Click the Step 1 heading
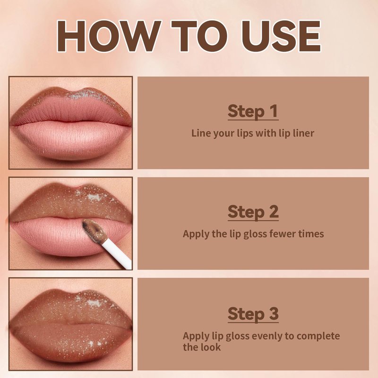point(253,112)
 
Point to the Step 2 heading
point(253,212)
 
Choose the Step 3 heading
point(253,314)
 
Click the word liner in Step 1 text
point(302,133)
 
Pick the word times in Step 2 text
point(311,234)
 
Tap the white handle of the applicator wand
point(117,256)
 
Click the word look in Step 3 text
point(211,347)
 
